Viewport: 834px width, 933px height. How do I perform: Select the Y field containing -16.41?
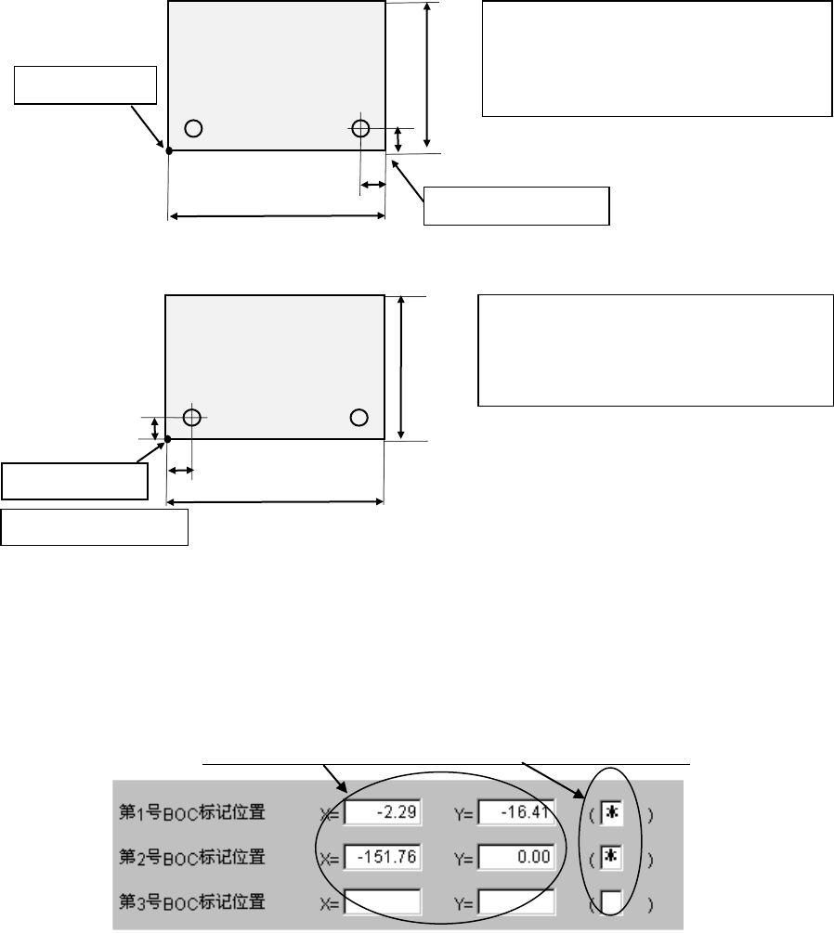[517, 814]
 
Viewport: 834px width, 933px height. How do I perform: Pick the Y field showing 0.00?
[517, 857]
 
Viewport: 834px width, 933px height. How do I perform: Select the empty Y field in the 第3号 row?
[517, 901]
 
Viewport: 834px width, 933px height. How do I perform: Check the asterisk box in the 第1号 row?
[612, 814]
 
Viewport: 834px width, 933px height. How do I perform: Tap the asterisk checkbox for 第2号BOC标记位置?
[612, 857]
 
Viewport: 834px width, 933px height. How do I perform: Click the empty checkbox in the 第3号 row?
[612, 901]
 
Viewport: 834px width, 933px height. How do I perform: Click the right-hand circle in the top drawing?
[360, 128]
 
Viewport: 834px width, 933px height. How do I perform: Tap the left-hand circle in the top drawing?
[193, 128]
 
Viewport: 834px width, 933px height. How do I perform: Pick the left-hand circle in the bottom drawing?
[191, 417]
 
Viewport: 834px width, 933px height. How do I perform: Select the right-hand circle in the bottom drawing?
[358, 417]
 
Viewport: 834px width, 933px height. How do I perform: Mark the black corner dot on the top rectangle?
[168, 150]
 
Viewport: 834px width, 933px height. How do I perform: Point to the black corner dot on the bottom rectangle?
[167, 439]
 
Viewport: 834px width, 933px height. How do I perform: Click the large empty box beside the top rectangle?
[657, 58]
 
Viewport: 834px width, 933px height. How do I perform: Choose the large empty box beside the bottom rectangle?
[655, 350]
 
